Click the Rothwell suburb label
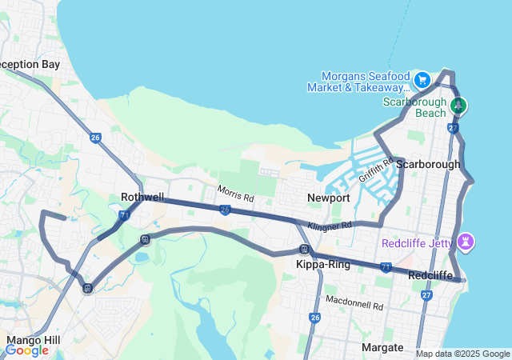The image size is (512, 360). pos(142,197)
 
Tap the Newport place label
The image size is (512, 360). pos(328,198)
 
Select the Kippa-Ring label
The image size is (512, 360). pos(323,264)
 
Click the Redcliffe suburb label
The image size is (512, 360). pos(431,275)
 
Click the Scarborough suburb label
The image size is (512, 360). pos(428,164)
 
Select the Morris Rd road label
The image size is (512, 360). pos(236,194)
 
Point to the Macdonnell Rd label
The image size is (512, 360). pos(354,302)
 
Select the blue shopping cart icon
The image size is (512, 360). pos(422,80)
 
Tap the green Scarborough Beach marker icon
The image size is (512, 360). pos(458,106)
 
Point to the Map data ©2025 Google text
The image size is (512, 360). pos(462,354)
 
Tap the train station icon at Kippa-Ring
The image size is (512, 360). pos(304,250)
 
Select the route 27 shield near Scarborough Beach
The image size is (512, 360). pos(454,128)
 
